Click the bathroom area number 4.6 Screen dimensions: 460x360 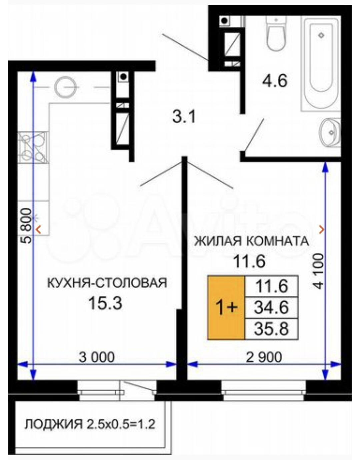[274, 81]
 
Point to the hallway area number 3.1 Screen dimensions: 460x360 [184, 117]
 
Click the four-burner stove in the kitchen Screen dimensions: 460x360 [33, 147]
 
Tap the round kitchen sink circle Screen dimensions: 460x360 [65, 87]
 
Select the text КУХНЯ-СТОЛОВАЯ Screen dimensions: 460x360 [107, 283]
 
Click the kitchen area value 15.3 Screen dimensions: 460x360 [105, 303]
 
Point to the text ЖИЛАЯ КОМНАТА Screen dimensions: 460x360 [251, 241]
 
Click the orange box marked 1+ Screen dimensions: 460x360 [226, 308]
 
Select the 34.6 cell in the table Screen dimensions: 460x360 [271, 307]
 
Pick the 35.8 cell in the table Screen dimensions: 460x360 [271, 329]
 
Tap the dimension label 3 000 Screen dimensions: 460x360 [97, 357]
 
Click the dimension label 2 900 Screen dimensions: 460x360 [264, 357]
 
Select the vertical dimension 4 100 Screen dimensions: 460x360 [319, 271]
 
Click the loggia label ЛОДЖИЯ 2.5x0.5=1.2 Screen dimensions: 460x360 [90, 424]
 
